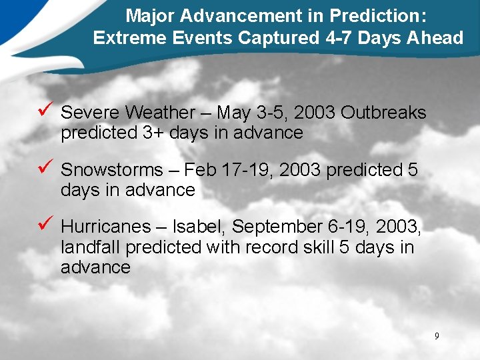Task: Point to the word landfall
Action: point(91,247)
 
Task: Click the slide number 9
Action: point(437,336)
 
